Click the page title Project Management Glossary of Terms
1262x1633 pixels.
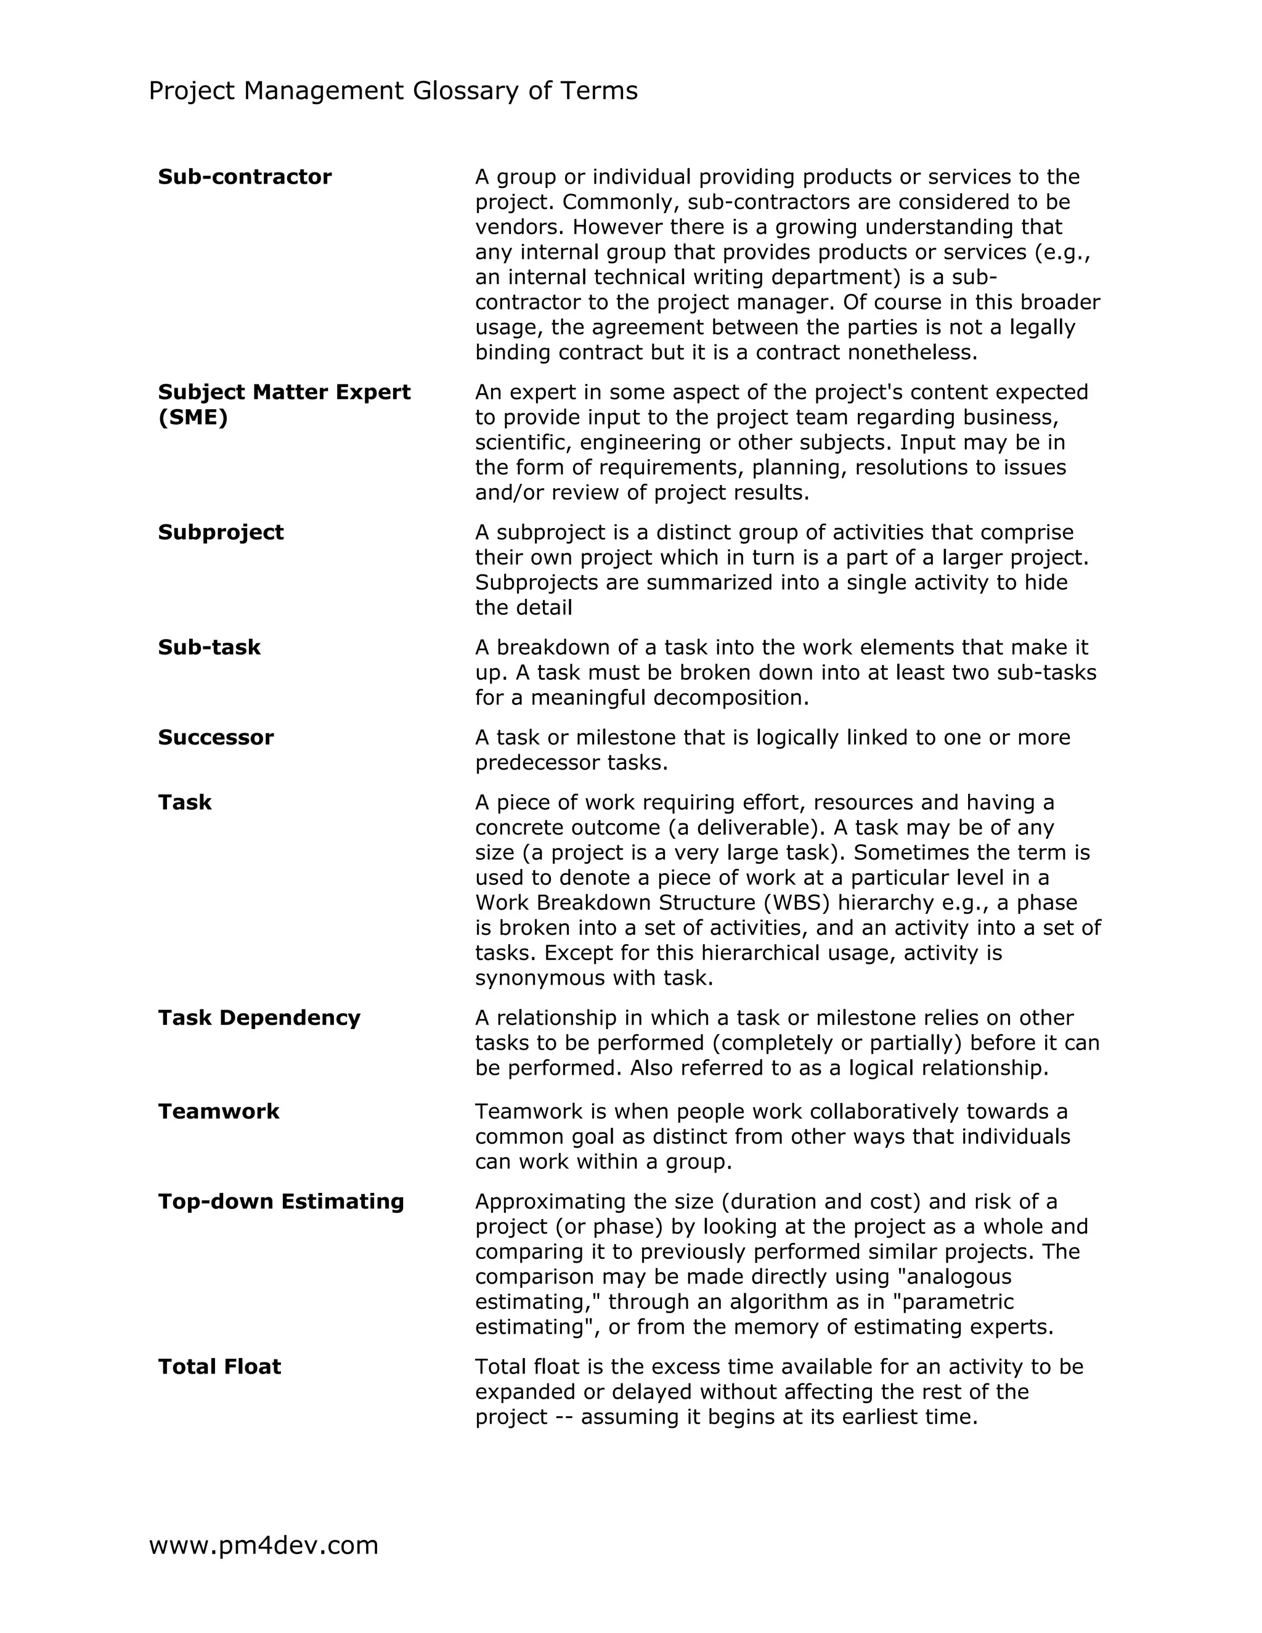pos(393,91)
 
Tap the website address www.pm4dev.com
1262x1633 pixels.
pos(263,1545)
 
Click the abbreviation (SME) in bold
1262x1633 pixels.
pos(193,417)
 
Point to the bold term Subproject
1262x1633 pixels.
pos(221,532)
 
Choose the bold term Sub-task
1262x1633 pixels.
pos(209,647)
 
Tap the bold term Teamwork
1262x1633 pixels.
pos(218,1111)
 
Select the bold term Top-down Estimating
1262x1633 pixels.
pos(280,1202)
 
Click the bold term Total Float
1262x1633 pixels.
pos(219,1367)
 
